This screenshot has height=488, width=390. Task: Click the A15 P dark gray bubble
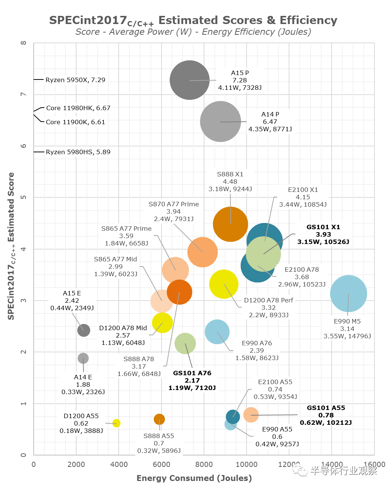[190, 80]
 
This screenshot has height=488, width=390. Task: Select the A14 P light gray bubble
[220, 122]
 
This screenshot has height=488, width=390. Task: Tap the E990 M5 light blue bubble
[348, 294]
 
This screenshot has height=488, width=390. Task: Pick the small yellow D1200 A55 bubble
[116, 423]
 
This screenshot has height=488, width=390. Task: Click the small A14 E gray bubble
[83, 358]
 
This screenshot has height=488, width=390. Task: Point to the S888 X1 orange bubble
[230, 224]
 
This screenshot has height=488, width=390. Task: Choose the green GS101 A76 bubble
[185, 343]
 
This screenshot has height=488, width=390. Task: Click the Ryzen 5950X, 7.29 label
[75, 80]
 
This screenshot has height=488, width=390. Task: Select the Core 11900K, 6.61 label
[75, 122]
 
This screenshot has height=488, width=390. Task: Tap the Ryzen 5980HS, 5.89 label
[78, 152]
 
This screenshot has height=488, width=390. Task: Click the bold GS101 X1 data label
[323, 234]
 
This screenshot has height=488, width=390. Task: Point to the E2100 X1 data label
[303, 197]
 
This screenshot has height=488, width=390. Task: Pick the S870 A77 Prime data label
[173, 211]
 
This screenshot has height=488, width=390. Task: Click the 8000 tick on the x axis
[204, 464]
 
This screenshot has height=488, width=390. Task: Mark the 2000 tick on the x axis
[76, 464]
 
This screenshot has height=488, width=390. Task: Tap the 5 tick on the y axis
[24, 197]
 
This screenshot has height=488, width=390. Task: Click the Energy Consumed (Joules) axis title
[194, 478]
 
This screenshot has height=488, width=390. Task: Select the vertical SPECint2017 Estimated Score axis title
[11, 246]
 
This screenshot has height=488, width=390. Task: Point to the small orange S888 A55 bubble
[159, 419]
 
